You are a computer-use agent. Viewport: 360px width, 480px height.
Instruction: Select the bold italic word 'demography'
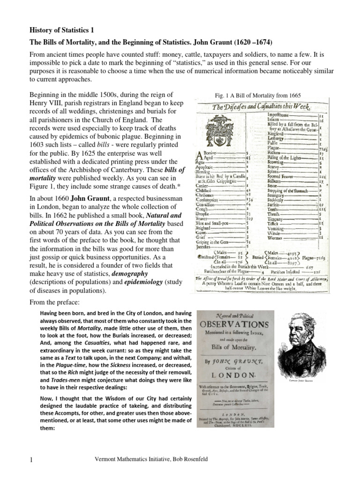(x=126, y=273)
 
